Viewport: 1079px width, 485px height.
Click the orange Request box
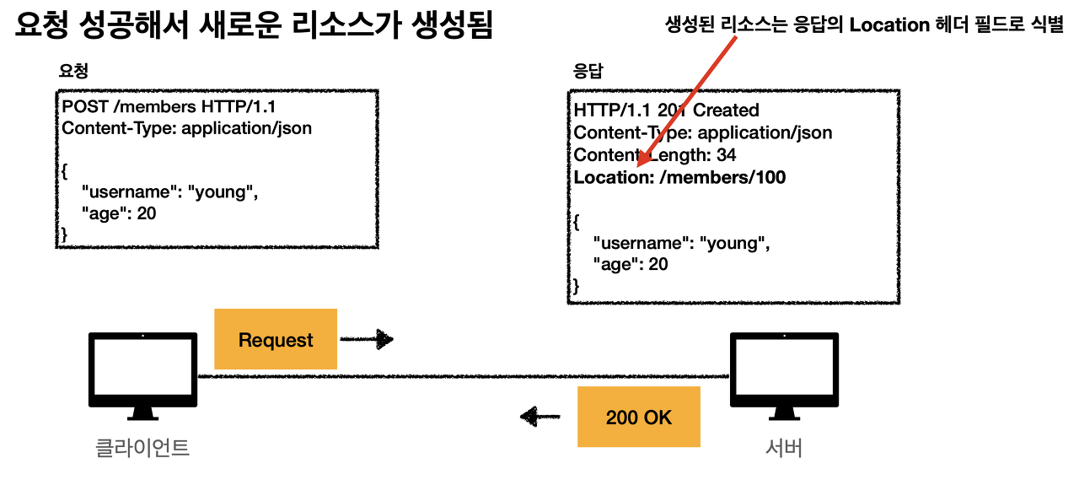[x=276, y=339]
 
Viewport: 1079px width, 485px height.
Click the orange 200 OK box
[x=639, y=417]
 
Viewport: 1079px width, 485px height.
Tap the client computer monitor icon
[x=142, y=376]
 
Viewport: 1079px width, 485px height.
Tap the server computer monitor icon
[x=784, y=376]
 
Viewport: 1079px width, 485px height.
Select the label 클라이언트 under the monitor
[x=142, y=448]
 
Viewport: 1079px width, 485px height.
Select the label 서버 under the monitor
[x=784, y=448]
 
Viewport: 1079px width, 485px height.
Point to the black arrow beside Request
[x=367, y=339]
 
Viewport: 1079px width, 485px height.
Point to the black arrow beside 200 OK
[x=540, y=416]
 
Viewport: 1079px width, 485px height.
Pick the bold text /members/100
[x=722, y=177]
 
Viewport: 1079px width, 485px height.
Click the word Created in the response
[x=726, y=110]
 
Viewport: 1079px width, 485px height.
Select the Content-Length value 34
[x=726, y=155]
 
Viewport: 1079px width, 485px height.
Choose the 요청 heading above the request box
[x=73, y=72]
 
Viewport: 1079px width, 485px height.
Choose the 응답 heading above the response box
[x=588, y=72]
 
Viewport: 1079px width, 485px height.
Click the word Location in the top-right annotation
[x=889, y=25]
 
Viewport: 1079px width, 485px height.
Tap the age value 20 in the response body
[x=658, y=264]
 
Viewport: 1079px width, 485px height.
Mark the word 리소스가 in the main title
[x=346, y=25]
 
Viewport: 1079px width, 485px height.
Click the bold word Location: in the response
[x=614, y=177]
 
